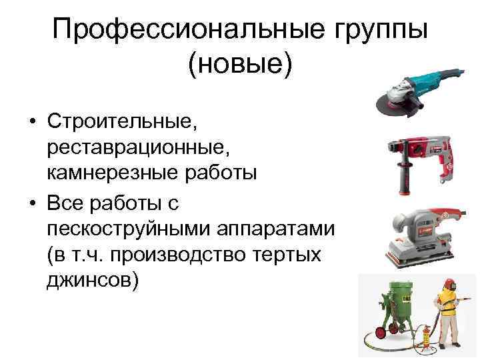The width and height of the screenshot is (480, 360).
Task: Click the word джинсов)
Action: click(x=93, y=280)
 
